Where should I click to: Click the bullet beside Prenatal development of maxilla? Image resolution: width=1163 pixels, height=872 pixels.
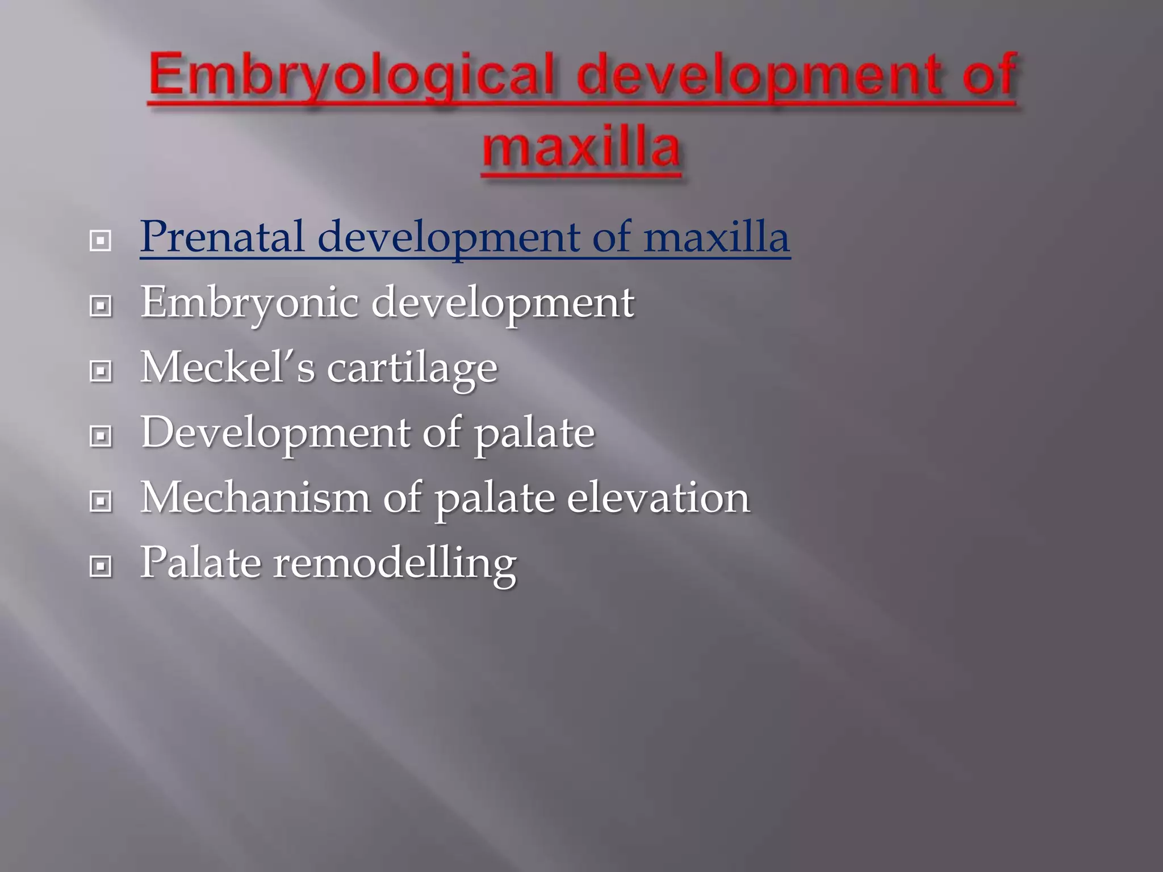coord(101,241)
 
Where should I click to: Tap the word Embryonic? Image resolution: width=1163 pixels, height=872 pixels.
coord(249,303)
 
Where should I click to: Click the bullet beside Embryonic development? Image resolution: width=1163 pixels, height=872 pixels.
coord(101,307)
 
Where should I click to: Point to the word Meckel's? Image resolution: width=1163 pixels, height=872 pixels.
coord(227,367)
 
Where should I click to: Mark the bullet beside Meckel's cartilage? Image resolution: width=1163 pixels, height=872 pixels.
coord(101,372)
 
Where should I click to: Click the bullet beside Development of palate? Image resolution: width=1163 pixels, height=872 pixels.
coord(101,437)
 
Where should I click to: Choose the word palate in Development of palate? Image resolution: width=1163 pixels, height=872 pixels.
coord(534,434)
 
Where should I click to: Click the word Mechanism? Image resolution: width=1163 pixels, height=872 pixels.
coord(255,498)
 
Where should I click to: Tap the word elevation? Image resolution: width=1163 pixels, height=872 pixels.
coord(658,498)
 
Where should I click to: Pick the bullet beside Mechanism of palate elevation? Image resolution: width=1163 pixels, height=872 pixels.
coord(101,502)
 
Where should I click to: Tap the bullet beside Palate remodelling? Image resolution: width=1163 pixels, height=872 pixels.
coord(101,567)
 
